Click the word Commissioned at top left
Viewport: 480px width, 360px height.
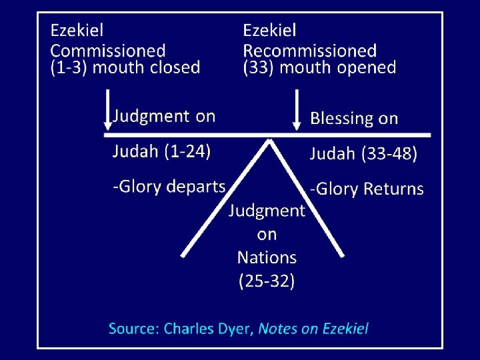click(x=108, y=50)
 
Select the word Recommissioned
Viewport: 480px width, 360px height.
click(x=309, y=50)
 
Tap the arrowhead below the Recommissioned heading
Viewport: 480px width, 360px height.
click(x=297, y=125)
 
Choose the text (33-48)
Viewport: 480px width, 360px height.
click(x=390, y=155)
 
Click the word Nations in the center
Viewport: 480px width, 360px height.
click(x=267, y=257)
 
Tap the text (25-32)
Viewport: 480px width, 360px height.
click(x=267, y=281)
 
